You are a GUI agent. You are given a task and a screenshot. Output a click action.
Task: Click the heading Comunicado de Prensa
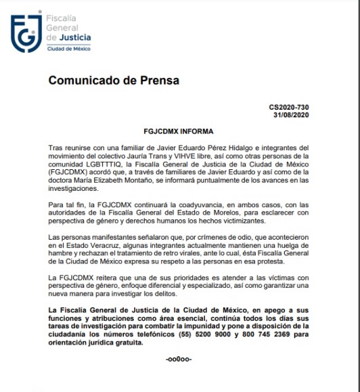[x=114, y=81]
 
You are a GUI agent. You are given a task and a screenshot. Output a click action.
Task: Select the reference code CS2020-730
[x=290, y=106]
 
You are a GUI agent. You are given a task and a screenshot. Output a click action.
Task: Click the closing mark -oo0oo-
[x=179, y=359]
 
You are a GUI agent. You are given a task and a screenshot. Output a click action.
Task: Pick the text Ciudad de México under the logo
[x=68, y=49]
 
